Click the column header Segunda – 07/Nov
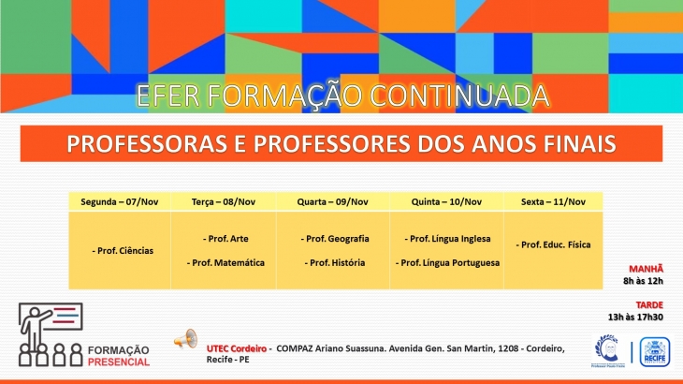pyautogui.click(x=120, y=201)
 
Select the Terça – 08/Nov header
pyautogui.click(x=224, y=201)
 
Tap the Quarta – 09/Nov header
pyautogui.click(x=333, y=201)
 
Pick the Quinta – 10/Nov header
pyautogui.click(x=446, y=201)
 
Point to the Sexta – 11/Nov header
pyautogui.click(x=553, y=201)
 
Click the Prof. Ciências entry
pyautogui.click(x=123, y=251)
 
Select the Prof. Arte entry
pyautogui.click(x=225, y=239)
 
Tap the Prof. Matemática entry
pyautogui.click(x=225, y=263)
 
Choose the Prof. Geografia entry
pyautogui.click(x=335, y=239)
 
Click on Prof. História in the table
pyautogui.click(x=335, y=263)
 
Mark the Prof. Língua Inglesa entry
pyautogui.click(x=448, y=239)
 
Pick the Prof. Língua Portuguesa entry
pyautogui.click(x=448, y=263)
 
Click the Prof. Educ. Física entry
pyautogui.click(x=553, y=244)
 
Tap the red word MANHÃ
pyautogui.click(x=646, y=269)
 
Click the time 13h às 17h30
pyautogui.click(x=635, y=317)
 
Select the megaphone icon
pyautogui.click(x=186, y=339)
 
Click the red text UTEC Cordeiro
pyautogui.click(x=237, y=348)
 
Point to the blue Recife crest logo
pyautogui.click(x=655, y=352)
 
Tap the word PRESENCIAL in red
pyautogui.click(x=119, y=362)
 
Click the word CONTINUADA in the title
pyautogui.click(x=459, y=96)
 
